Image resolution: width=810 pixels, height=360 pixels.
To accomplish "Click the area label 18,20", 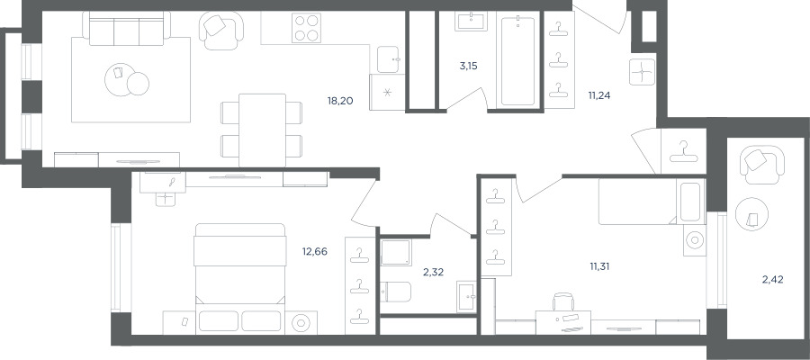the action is tap(340, 101).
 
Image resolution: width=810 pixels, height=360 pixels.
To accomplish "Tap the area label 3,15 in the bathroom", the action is tap(468, 66).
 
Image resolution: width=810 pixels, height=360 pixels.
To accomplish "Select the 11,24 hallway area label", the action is tap(599, 95).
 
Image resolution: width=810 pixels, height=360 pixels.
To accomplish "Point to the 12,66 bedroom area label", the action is tap(315, 251).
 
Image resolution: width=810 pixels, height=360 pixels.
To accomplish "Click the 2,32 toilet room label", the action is tap(434, 272).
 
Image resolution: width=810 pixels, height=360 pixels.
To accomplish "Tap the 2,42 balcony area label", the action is tap(773, 280).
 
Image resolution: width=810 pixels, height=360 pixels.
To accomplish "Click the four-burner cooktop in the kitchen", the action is tap(306, 27).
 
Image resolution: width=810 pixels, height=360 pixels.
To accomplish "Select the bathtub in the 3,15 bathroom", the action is tap(517, 61).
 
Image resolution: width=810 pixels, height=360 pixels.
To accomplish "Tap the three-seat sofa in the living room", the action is tap(127, 29).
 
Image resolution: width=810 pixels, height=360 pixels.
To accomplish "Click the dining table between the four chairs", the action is tap(263, 130).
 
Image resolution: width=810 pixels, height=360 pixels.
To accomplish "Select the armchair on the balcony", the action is tap(762, 164).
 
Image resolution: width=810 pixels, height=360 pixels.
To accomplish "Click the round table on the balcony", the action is tap(752, 214).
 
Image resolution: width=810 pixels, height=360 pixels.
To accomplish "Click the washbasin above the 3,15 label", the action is tap(471, 22).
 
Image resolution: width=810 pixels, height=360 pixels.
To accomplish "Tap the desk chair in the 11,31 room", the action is tap(563, 302).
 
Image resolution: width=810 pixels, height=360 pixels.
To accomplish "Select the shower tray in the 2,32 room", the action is tap(396, 253).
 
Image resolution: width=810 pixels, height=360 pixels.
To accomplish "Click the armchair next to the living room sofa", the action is tap(221, 30).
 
